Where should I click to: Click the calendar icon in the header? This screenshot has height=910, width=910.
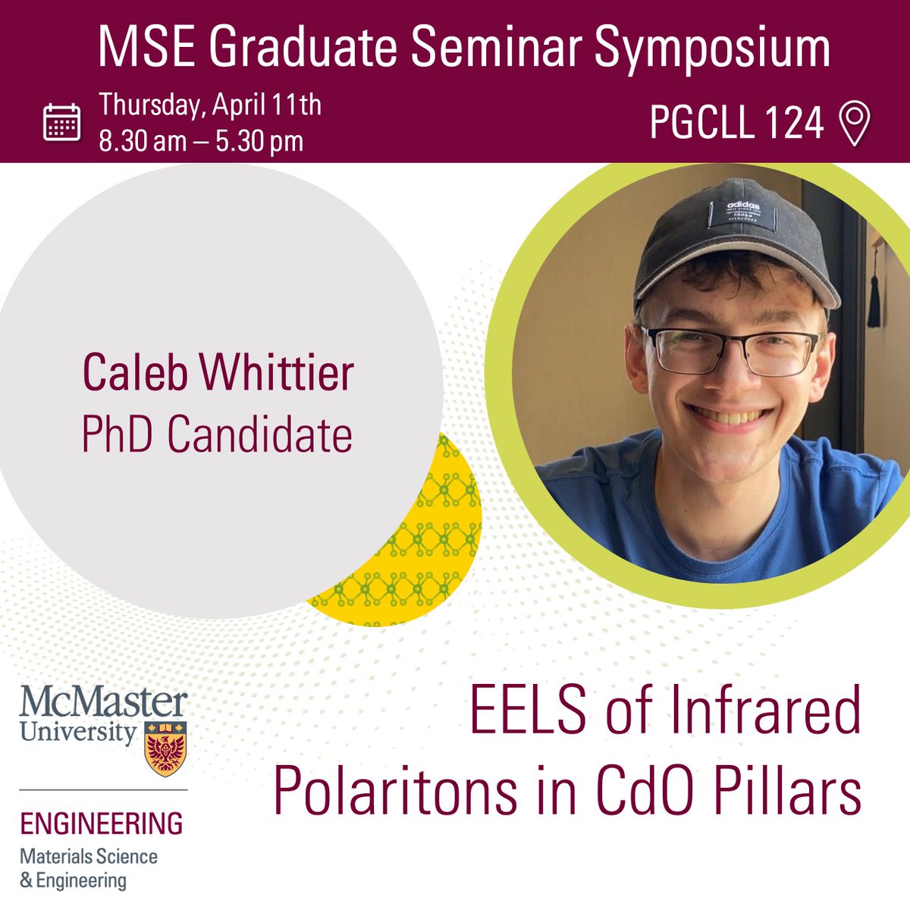click(61, 122)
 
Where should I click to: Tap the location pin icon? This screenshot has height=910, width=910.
click(855, 124)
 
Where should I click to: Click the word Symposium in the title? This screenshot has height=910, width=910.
click(712, 49)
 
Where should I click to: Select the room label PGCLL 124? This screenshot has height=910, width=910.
click(736, 123)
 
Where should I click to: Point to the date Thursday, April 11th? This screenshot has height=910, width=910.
click(210, 104)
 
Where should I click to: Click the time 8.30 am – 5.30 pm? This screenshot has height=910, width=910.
click(201, 141)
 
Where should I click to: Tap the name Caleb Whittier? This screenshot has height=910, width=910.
click(218, 374)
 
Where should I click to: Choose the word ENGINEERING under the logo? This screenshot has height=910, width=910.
click(101, 824)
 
